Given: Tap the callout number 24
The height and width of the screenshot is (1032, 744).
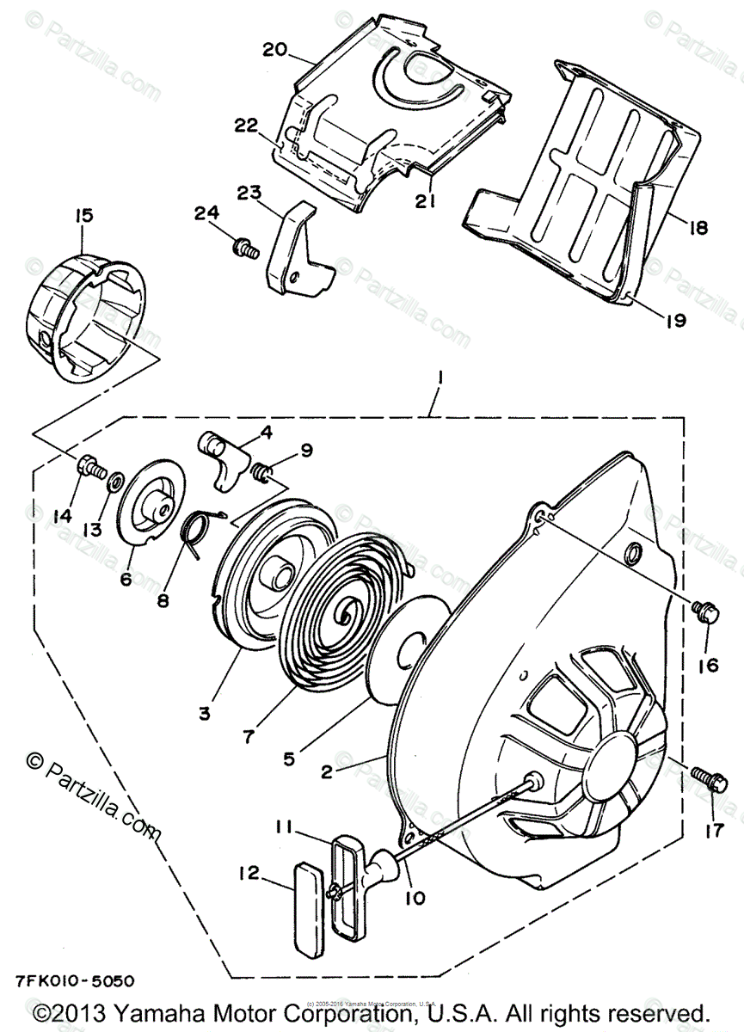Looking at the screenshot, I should pyautogui.click(x=206, y=212).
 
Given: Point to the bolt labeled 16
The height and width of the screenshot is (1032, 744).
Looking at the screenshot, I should pyautogui.click(x=701, y=611).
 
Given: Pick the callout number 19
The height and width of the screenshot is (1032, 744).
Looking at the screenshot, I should pyautogui.click(x=675, y=320).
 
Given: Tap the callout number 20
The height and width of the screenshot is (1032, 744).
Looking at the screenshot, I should pyautogui.click(x=274, y=49).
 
